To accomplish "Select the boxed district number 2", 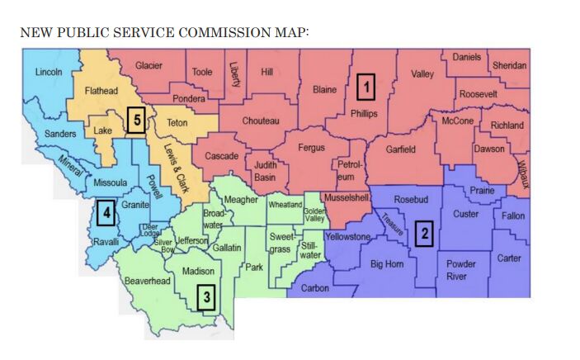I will pos(423,234).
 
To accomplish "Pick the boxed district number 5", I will pos(138,121).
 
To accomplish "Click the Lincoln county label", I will pos(49,73).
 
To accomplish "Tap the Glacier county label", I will pos(149,65).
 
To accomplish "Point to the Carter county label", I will pos(508,258).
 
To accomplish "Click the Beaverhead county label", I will pos(147,281).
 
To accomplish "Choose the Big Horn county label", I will pos(386,264).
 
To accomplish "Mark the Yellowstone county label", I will pos(349,236).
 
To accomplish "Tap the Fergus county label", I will pos(311,149).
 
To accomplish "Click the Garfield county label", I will pos(400,149).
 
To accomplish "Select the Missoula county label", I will pos(110,182).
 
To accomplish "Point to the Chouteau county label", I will pos(261,121).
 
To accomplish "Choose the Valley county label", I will pos(422,74).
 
